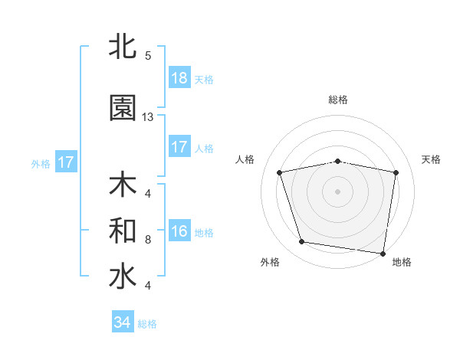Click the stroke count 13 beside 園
pyautogui.click(x=148, y=117)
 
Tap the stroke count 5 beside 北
pyautogui.click(x=147, y=55)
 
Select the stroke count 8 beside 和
pyautogui.click(x=147, y=239)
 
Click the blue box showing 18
pyautogui.click(x=179, y=78)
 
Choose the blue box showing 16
pyautogui.click(x=179, y=231)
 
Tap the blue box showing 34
pyautogui.click(x=123, y=322)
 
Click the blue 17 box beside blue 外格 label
pyautogui.click(x=65, y=162)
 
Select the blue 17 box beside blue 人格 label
pyautogui.click(x=179, y=147)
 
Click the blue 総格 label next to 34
pyautogui.click(x=147, y=323)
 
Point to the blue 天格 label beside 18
pyautogui.click(x=204, y=79)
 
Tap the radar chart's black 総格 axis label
pyautogui.click(x=338, y=100)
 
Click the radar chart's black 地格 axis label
pyautogui.click(x=402, y=262)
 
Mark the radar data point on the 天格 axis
pyautogui.click(x=396, y=172)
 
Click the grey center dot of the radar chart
pyautogui.click(x=338, y=191)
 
